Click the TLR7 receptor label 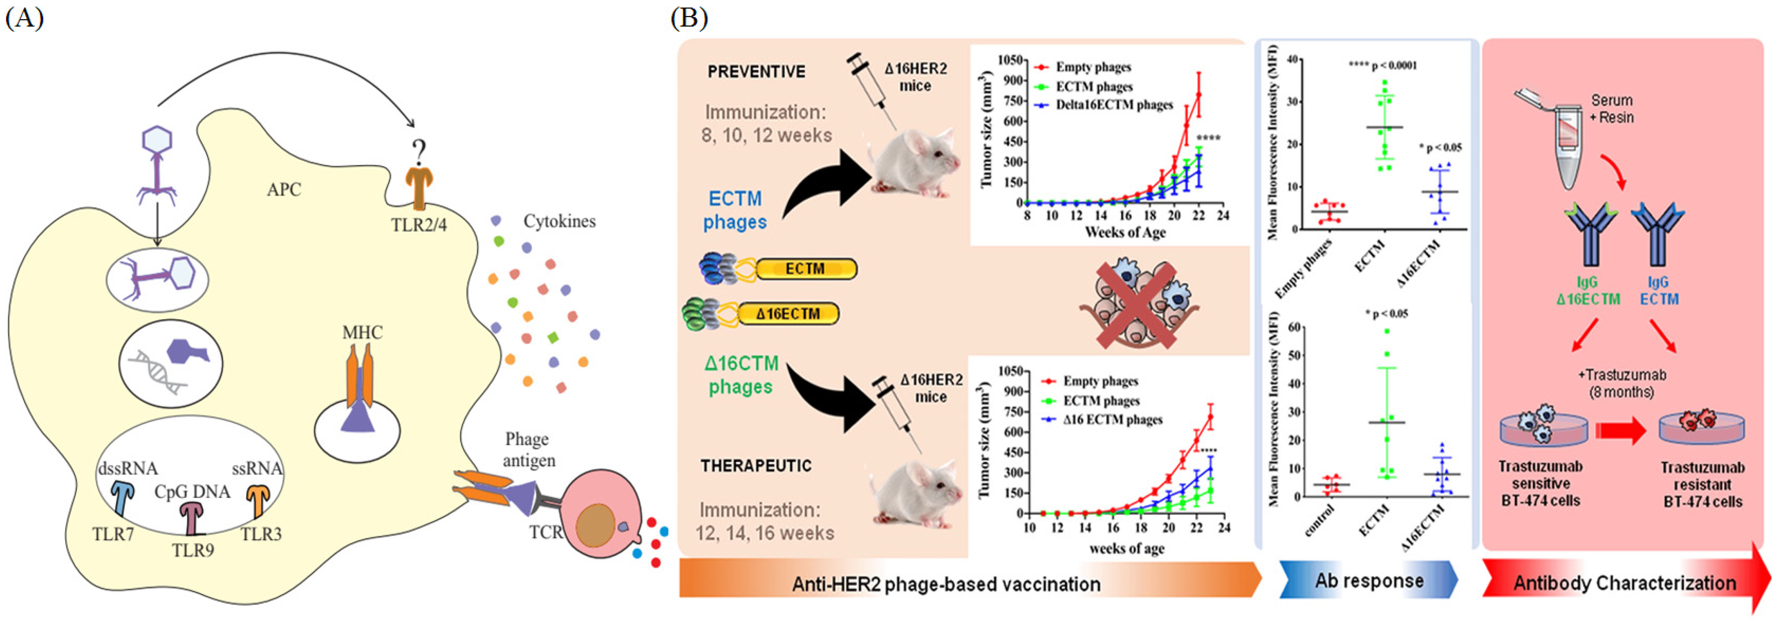tap(113, 534)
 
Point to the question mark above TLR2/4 tap(418, 151)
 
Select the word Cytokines tap(559, 221)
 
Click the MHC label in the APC tap(362, 332)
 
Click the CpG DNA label tap(192, 491)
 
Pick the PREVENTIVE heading tap(756, 72)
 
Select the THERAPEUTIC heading tap(756, 466)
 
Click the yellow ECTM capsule tap(806, 269)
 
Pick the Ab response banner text tap(1369, 581)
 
